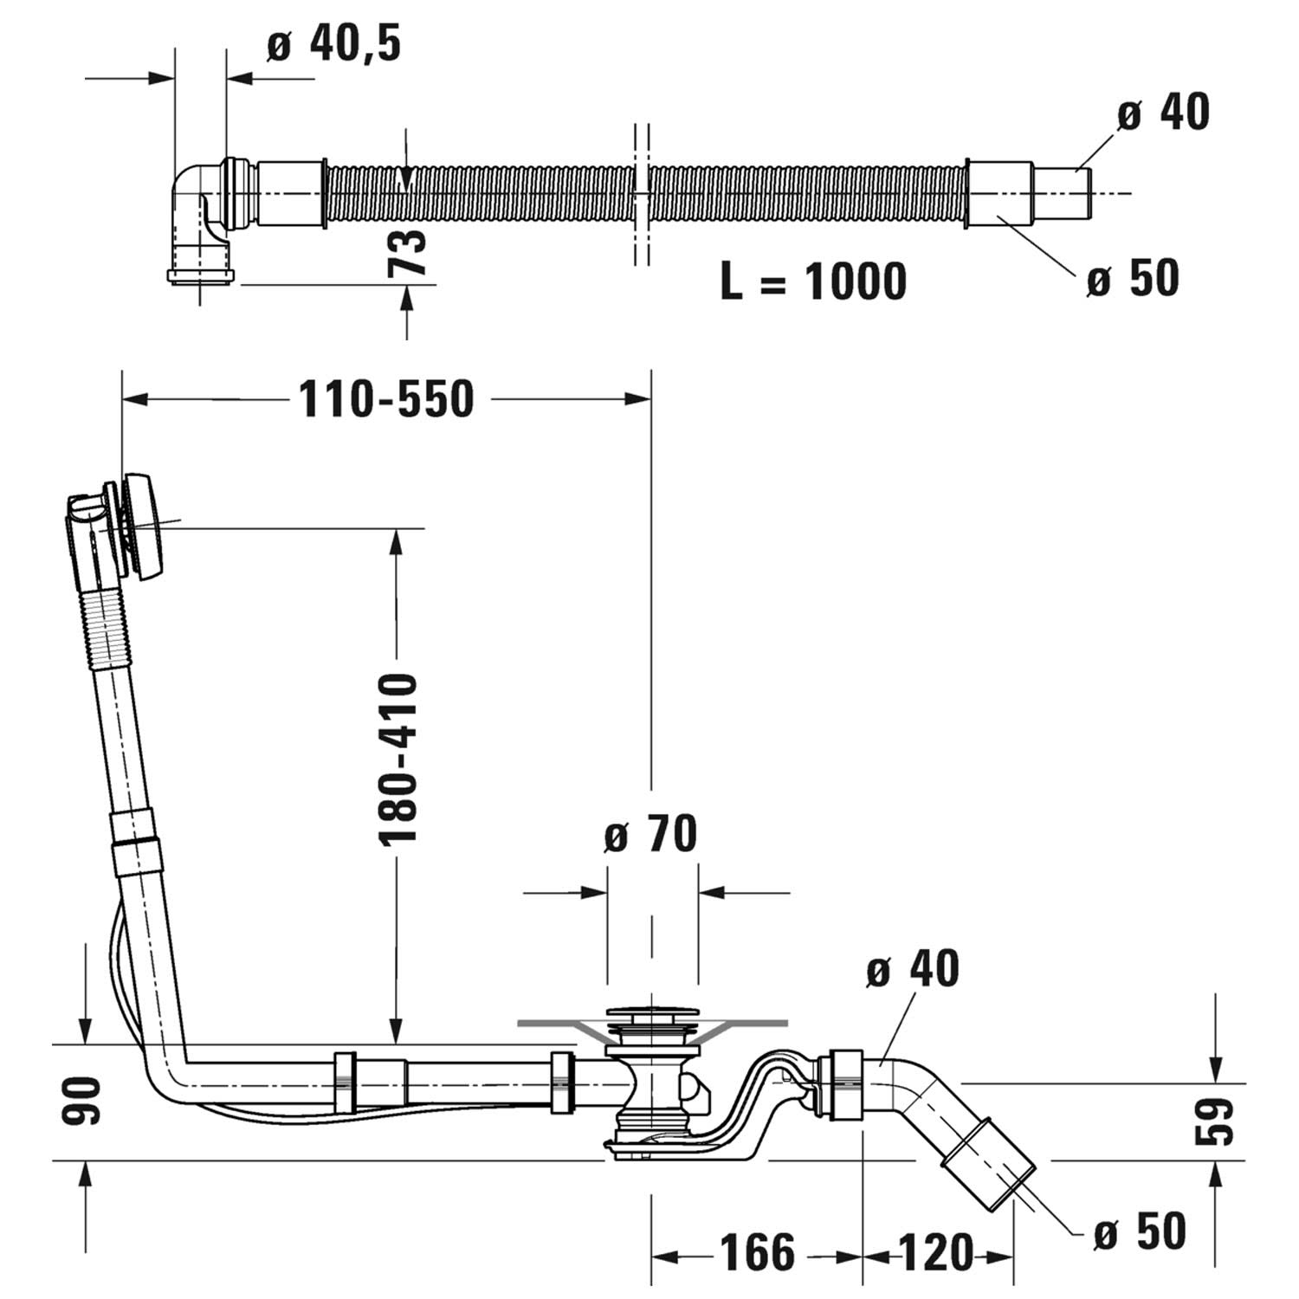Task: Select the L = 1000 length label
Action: point(812,281)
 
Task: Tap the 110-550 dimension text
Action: point(386,399)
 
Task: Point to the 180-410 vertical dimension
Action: point(398,759)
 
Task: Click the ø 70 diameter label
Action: point(650,835)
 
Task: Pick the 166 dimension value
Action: point(757,1252)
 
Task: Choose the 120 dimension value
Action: point(936,1252)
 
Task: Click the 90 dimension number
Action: point(83,1102)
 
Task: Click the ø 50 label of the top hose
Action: point(1134,279)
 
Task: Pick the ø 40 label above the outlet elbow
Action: point(913,969)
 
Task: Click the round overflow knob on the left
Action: point(145,525)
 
